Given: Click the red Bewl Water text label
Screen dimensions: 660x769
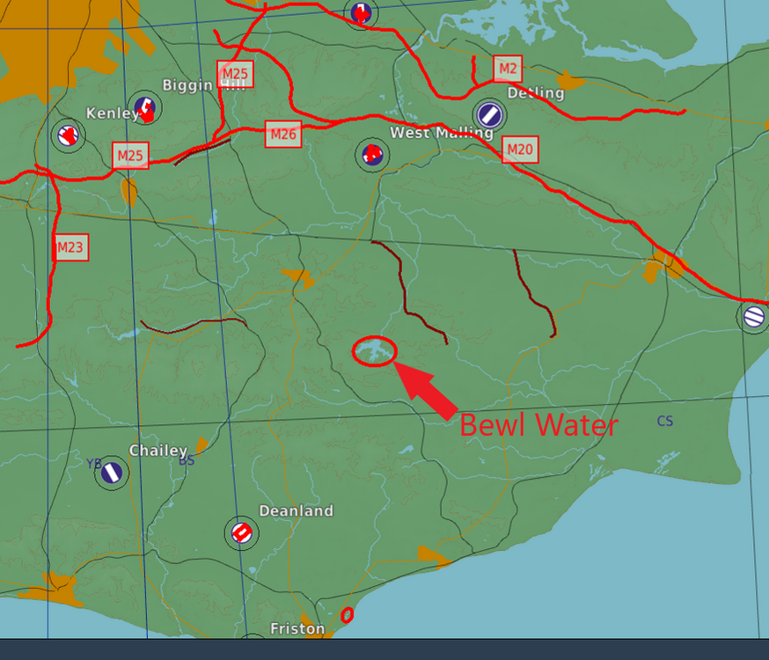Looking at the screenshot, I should coord(538,425).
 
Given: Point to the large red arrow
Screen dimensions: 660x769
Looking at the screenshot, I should coord(428,390).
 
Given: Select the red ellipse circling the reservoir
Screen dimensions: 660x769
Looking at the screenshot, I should coord(374,350).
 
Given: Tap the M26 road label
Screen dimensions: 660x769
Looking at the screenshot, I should coord(283,135).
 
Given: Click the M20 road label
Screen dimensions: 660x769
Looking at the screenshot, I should coord(519,150).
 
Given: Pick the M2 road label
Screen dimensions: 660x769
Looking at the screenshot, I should coord(507,68).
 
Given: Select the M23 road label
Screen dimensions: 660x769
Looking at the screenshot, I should coord(70,247).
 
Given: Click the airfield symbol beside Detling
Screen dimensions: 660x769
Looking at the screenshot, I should coord(489,114).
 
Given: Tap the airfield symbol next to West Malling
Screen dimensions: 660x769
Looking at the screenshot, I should coord(372,154).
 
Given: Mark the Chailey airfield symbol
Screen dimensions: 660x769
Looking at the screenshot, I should coord(111,473).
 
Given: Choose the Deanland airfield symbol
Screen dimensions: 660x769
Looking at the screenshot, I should coord(240,532).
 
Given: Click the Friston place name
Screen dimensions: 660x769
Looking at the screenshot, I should coord(297,628).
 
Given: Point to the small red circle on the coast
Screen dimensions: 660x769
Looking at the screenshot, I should coord(347,614).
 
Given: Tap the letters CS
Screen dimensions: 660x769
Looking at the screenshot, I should coord(665,422).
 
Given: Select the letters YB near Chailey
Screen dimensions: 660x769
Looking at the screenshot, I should coord(94,463).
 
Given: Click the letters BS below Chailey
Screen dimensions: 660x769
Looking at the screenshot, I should coord(187,460).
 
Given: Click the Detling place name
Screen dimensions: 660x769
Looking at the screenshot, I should coord(536,92).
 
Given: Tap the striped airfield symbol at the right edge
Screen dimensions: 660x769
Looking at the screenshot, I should coord(754,316).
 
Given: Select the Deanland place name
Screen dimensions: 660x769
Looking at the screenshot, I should coord(296,510).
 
